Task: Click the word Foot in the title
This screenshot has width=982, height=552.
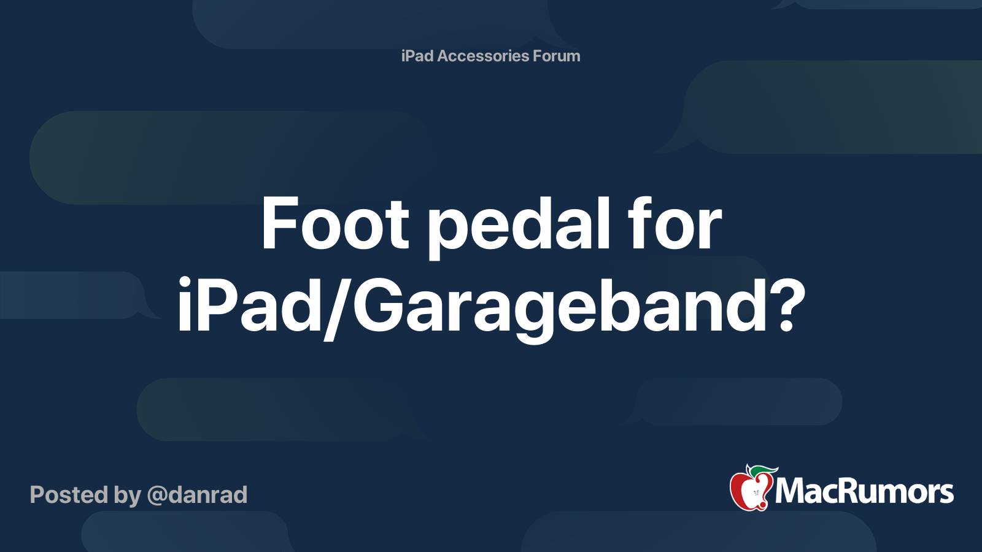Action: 334,224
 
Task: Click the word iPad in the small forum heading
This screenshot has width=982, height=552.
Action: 417,56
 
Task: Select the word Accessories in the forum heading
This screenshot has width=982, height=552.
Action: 483,56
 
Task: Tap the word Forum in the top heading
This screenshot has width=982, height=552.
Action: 556,56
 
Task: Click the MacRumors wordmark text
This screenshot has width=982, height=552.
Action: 864,491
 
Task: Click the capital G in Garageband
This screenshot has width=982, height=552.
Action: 376,305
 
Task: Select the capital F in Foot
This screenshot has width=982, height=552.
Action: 278,224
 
